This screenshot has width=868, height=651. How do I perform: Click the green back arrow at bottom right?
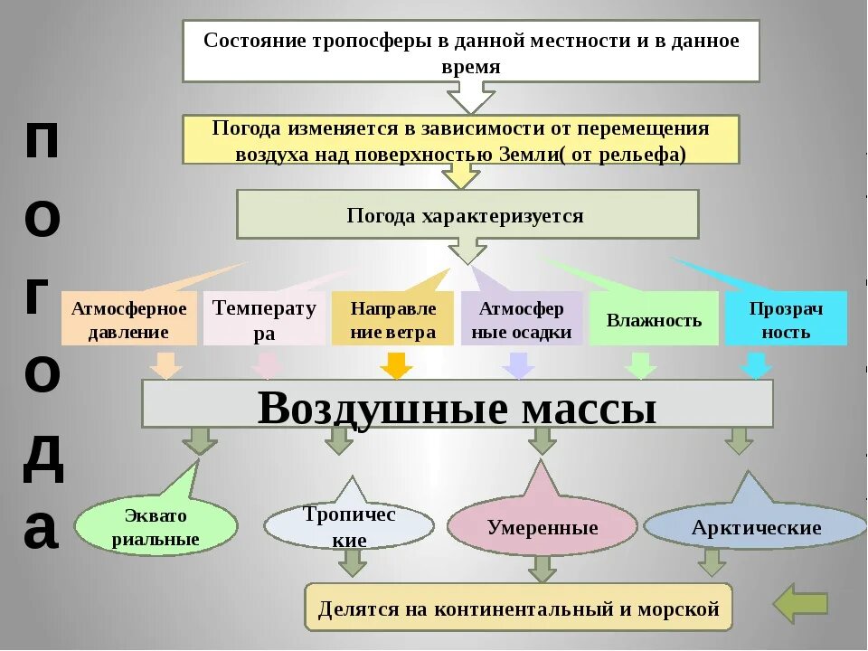tap(800, 603)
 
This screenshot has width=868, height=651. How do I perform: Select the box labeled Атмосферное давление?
tap(128, 319)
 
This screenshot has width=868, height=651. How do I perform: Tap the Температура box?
tap(264, 319)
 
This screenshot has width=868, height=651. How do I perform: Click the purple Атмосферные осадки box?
tap(522, 319)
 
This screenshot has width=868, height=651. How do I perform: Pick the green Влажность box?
tap(654, 319)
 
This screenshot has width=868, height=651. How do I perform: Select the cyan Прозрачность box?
tap(786, 319)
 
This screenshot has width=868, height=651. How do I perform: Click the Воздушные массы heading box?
tap(457, 404)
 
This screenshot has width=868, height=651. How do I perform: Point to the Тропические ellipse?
tap(348, 526)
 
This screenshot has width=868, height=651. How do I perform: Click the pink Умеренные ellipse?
tap(542, 526)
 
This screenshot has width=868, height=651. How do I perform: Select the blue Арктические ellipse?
tap(755, 526)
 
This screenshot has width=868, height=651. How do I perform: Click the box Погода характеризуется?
tap(467, 215)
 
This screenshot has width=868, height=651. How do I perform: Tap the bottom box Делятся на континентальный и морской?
tap(518, 608)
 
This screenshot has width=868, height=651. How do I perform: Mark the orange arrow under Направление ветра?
tap(395, 365)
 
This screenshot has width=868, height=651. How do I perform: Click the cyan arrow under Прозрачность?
tap(757, 365)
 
